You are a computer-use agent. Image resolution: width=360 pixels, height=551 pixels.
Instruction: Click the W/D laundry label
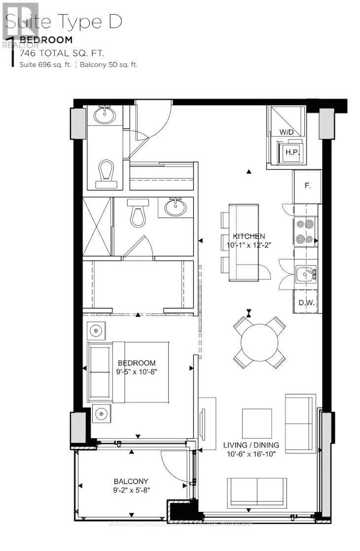[x=286, y=132]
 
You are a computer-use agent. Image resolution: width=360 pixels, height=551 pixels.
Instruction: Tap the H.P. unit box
[x=290, y=152]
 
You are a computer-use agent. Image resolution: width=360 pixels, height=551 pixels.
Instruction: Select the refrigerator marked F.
[x=307, y=186]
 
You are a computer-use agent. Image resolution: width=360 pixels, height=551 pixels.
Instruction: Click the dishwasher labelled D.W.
[x=306, y=303]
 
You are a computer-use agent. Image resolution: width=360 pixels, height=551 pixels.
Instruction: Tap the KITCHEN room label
[x=249, y=236]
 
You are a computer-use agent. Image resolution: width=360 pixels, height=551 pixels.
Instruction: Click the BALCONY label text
[x=131, y=481]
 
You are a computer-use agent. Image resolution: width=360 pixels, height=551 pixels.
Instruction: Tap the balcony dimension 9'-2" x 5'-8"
[x=131, y=490]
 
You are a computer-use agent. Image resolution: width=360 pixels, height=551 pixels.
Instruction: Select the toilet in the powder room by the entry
[x=107, y=174]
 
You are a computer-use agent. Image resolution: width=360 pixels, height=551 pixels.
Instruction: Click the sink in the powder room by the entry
[x=105, y=116]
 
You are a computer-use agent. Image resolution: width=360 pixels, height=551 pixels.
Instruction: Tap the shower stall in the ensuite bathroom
[x=97, y=226]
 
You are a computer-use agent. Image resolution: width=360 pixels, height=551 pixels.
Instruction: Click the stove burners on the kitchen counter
[x=306, y=231]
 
